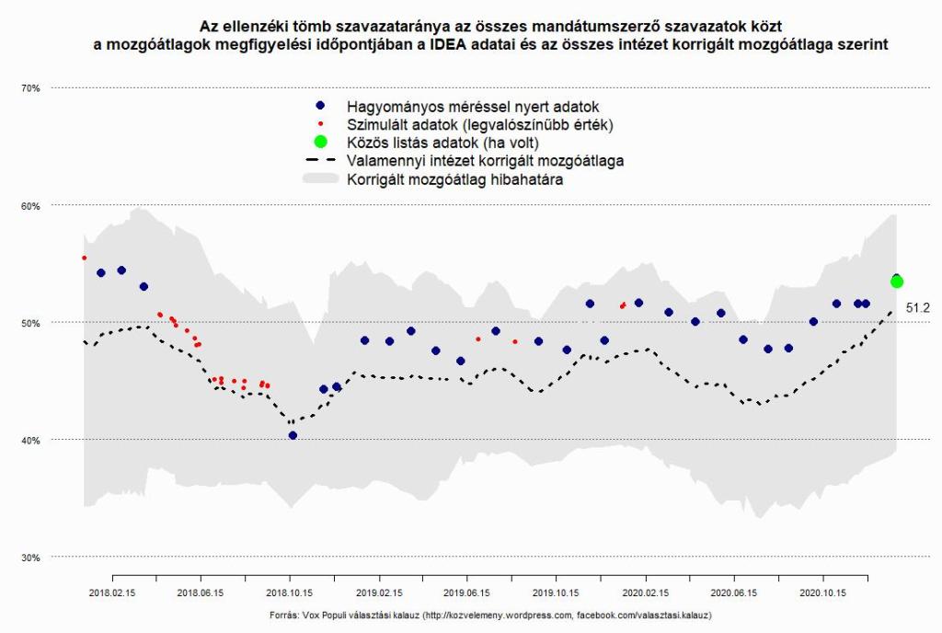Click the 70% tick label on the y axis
(x=31, y=88)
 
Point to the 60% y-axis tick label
(x=31, y=206)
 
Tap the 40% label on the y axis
(x=31, y=441)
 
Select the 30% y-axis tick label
(x=31, y=558)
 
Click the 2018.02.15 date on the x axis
(x=112, y=594)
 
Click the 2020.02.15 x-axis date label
(x=644, y=594)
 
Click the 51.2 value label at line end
(x=917, y=308)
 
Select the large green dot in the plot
(x=897, y=282)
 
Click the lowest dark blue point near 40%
(x=293, y=435)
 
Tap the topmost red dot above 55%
(x=84, y=259)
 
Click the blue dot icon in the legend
(x=320, y=107)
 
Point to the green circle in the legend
(x=320, y=143)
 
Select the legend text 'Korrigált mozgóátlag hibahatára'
(x=454, y=180)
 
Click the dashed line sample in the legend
(x=320, y=161)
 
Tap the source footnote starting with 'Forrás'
(x=490, y=615)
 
